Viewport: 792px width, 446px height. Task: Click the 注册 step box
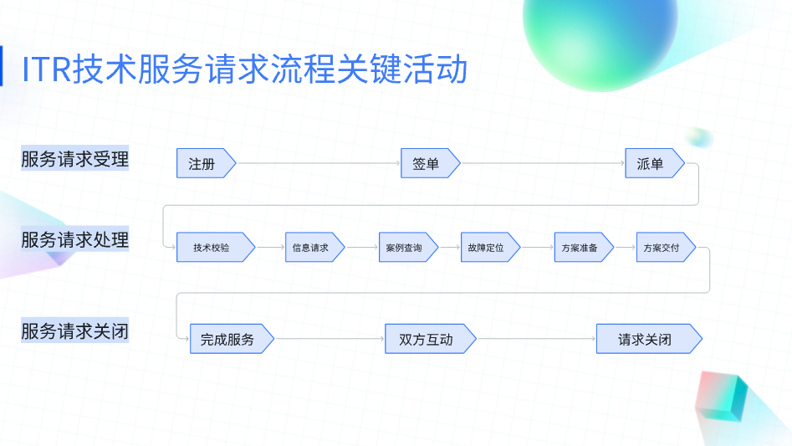[x=206, y=163]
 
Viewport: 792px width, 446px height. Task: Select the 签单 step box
[x=431, y=163]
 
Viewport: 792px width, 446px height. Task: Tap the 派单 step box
[x=655, y=163]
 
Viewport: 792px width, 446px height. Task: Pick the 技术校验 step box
[x=216, y=247]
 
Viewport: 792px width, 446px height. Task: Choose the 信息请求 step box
[x=314, y=247]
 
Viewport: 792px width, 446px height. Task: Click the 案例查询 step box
[x=408, y=247]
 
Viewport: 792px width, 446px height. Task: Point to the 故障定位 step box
[x=490, y=247]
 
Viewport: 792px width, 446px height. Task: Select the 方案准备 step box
[x=584, y=247]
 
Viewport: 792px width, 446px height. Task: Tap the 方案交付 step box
[x=666, y=247]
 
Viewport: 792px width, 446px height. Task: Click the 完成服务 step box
[x=232, y=339]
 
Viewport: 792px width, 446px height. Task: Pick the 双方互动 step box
[x=431, y=339]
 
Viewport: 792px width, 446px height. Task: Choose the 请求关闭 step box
[x=649, y=339]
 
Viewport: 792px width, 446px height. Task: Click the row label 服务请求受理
[x=74, y=159]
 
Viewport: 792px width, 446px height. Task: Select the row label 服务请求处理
[x=74, y=240]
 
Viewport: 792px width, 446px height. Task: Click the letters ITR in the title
[x=47, y=69]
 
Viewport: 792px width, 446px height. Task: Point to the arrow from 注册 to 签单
[x=318, y=163]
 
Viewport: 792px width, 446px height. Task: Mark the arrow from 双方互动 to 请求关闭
[x=536, y=338]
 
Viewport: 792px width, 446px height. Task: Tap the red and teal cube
[x=721, y=397]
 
